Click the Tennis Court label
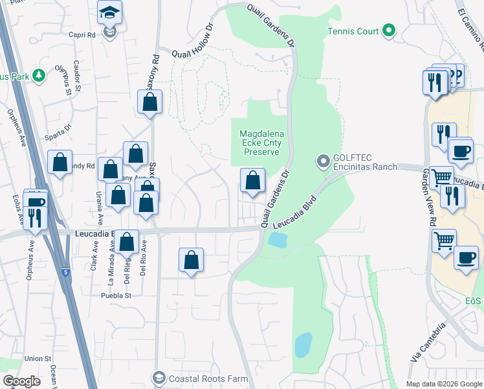(x=352, y=30)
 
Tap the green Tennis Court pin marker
(x=388, y=30)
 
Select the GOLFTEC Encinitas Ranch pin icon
(x=323, y=160)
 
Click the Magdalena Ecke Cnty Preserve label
(x=261, y=143)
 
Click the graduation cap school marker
(x=110, y=12)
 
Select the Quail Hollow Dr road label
(x=192, y=42)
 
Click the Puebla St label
(x=116, y=295)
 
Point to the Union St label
(x=38, y=359)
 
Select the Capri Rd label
(x=82, y=36)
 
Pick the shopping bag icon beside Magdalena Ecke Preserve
(x=252, y=180)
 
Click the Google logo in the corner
(x=21, y=381)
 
